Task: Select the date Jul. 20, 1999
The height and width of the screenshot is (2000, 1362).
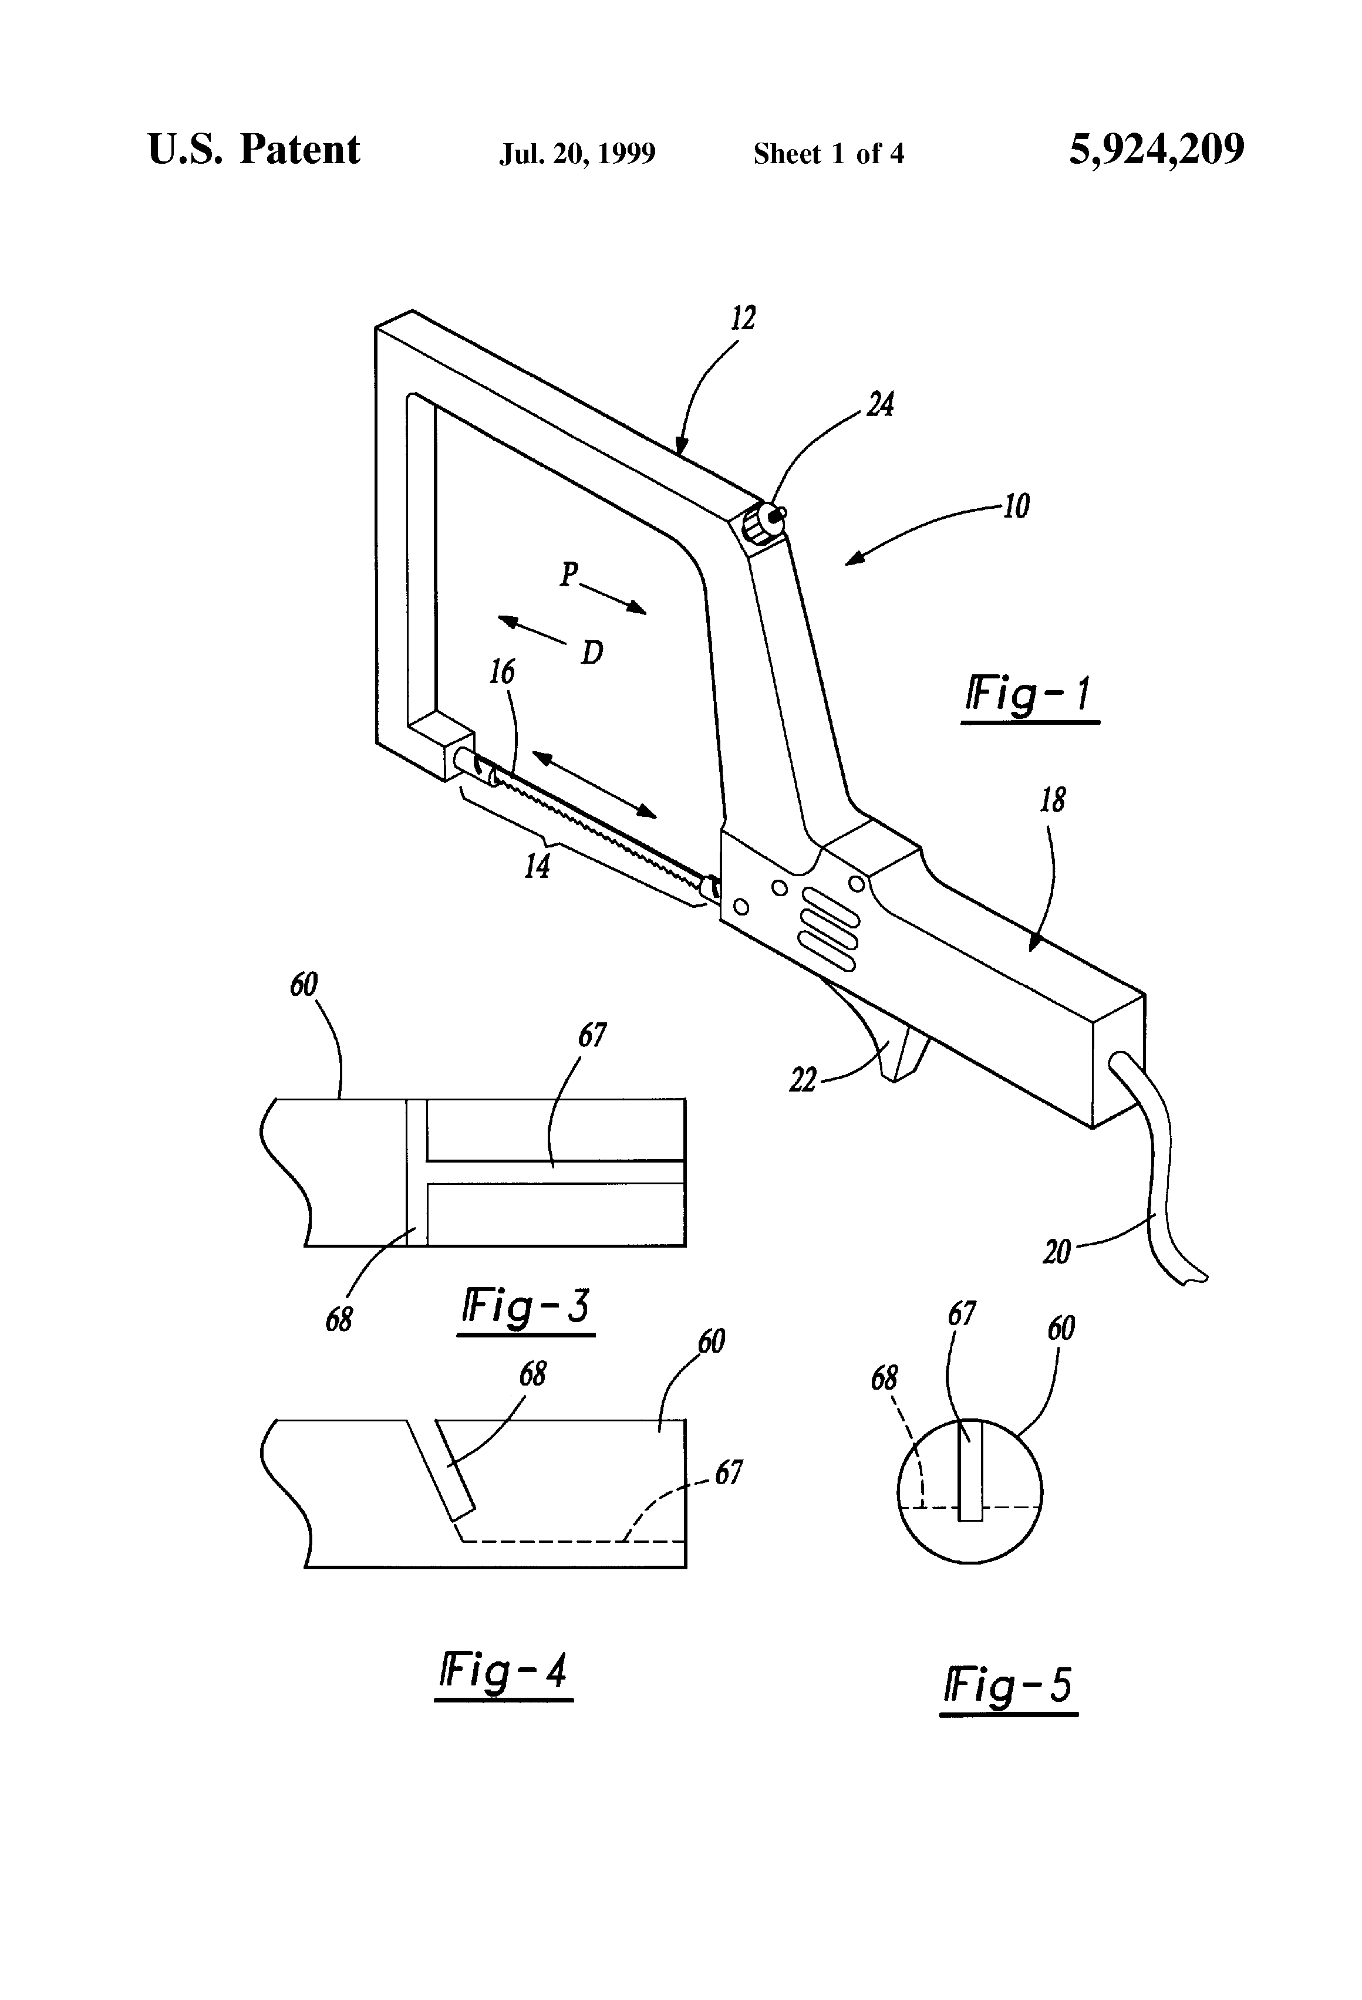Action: pyautogui.click(x=577, y=154)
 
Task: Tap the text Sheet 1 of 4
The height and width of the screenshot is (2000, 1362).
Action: pyautogui.click(x=828, y=154)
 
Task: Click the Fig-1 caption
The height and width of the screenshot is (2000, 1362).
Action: pyautogui.click(x=1030, y=695)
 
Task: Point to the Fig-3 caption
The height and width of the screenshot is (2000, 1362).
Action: pyautogui.click(x=525, y=1306)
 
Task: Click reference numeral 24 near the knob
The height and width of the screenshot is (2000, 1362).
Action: pyautogui.click(x=880, y=404)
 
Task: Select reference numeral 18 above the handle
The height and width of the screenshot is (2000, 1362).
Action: pyautogui.click(x=1052, y=800)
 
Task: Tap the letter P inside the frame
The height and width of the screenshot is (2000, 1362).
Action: pyautogui.click(x=568, y=574)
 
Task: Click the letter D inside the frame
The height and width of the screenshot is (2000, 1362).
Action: pyautogui.click(x=591, y=654)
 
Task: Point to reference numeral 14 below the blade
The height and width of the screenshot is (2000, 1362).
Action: pyautogui.click(x=537, y=866)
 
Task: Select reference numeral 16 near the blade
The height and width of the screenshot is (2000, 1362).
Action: pyautogui.click(x=502, y=672)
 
